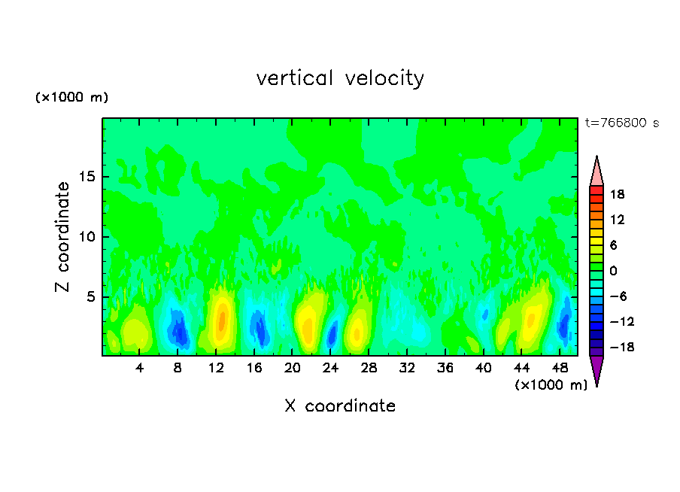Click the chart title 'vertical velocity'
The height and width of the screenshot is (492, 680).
point(340,78)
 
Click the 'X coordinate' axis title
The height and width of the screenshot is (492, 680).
point(340,406)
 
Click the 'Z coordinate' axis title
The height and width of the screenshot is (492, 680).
point(63,237)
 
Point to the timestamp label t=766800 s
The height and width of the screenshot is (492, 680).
point(621,123)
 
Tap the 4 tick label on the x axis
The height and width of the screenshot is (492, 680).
point(140,368)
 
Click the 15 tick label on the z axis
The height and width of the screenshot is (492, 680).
point(86,178)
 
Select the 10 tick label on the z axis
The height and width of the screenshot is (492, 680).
point(86,237)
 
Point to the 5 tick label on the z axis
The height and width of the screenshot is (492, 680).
point(90,296)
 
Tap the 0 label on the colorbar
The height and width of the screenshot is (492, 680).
point(612,271)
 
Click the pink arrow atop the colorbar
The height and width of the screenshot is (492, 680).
point(597,171)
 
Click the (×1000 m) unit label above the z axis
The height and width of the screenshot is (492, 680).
point(72,98)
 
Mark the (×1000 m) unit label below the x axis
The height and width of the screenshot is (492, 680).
point(551,385)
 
